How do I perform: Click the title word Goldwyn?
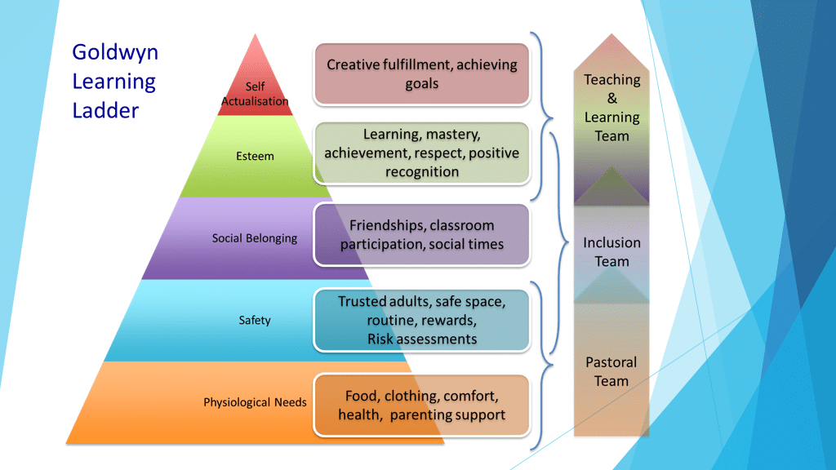(x=115, y=53)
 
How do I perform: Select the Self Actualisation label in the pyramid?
(x=255, y=94)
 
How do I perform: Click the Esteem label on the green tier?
(x=255, y=156)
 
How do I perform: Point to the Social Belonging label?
(x=255, y=238)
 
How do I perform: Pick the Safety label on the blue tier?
(x=255, y=320)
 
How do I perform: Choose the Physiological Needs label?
(x=255, y=402)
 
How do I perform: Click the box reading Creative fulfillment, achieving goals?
(x=421, y=74)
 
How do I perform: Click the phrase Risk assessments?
(x=421, y=339)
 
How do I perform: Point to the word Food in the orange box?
(x=362, y=396)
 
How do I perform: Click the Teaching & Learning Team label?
(x=611, y=108)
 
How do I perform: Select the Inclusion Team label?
(x=611, y=251)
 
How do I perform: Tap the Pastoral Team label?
(x=611, y=371)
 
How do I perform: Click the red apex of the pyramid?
(x=256, y=61)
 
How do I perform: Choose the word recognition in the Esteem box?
(x=421, y=171)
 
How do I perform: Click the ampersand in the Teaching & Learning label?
(x=611, y=99)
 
